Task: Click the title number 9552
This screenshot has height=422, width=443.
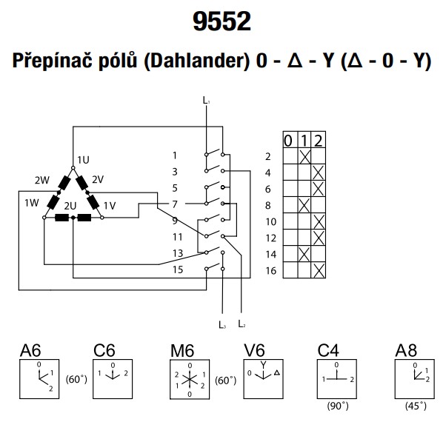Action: pos(221,21)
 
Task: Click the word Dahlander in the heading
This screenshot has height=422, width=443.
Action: pos(196,61)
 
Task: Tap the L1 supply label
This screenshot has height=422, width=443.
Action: pos(206,100)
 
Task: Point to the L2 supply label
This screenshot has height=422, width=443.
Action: pos(242,324)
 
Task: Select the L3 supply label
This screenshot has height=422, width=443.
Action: pos(222,324)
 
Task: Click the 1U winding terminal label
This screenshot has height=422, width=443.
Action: pos(84,160)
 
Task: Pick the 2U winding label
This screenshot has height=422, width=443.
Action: pos(70,206)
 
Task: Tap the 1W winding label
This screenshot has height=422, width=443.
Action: pos(32,203)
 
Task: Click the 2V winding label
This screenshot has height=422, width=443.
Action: pos(98,179)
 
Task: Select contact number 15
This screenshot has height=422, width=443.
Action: pos(178,269)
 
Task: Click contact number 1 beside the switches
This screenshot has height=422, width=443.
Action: pos(175,155)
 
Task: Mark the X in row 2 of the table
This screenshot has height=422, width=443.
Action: pos(304,156)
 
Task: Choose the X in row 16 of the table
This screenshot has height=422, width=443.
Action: pos(319,270)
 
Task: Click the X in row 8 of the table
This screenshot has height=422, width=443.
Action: pos(304,205)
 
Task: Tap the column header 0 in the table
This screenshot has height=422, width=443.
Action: pos(288,141)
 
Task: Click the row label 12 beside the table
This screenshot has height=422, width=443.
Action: pos(271,238)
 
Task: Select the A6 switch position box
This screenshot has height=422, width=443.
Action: pos(39,379)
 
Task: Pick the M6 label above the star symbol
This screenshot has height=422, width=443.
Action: pos(182,352)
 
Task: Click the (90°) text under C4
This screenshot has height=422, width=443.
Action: pos(338,406)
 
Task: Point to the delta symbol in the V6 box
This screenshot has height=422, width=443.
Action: pos(277,372)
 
